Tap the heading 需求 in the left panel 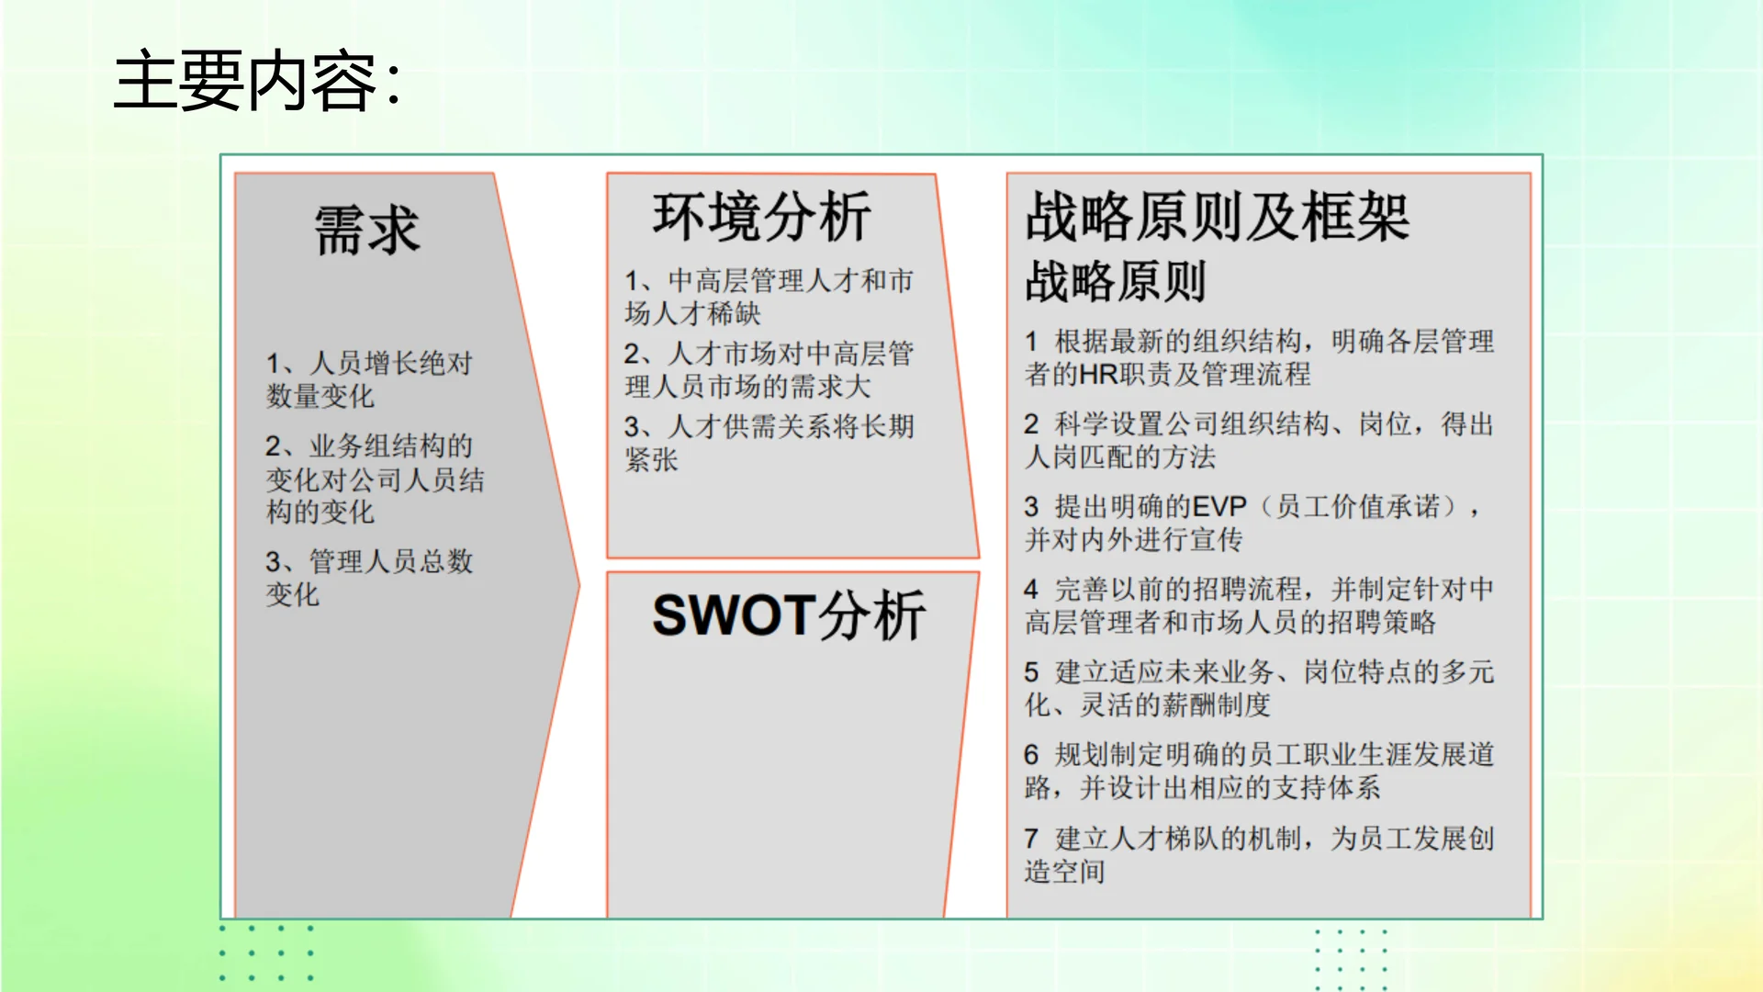pyautogui.click(x=366, y=230)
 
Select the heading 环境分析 pyautogui.click(x=761, y=218)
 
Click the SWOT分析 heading pyautogui.click(x=788, y=615)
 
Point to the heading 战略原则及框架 pyautogui.click(x=1217, y=218)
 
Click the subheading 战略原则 pyautogui.click(x=1115, y=281)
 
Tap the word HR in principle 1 pyautogui.click(x=1098, y=375)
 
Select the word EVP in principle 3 pyautogui.click(x=1218, y=507)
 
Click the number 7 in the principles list pyautogui.click(x=1031, y=839)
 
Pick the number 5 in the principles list pyautogui.click(x=1031, y=672)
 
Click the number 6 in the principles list pyautogui.click(x=1031, y=755)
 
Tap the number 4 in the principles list pyautogui.click(x=1031, y=590)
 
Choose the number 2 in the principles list pyautogui.click(x=1031, y=424)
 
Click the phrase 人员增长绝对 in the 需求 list pyautogui.click(x=391, y=364)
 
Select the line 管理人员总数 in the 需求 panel pyautogui.click(x=391, y=562)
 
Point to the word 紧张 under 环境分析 pyautogui.click(x=651, y=460)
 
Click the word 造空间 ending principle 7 pyautogui.click(x=1064, y=872)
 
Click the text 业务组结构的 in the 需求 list pyautogui.click(x=391, y=446)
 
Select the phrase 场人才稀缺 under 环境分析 pyautogui.click(x=692, y=314)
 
